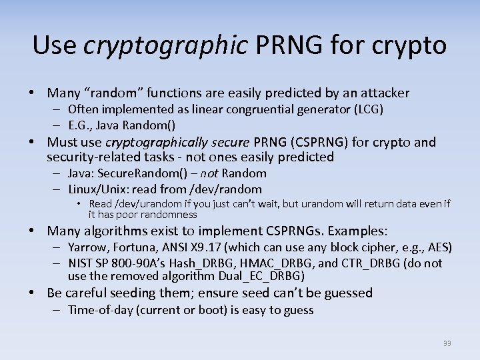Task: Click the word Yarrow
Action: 87,247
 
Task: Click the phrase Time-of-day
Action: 101,310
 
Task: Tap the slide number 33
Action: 447,343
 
